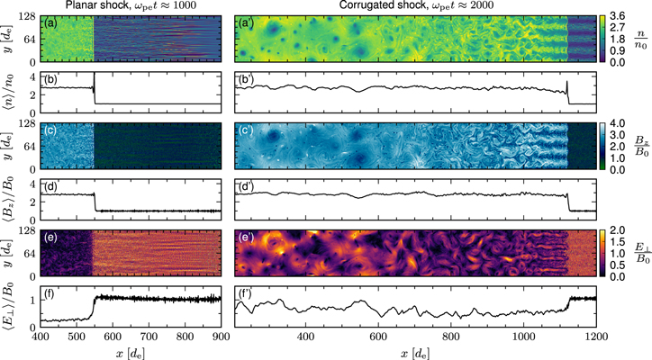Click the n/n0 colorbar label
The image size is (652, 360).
coord(640,40)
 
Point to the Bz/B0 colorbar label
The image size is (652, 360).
coord(640,146)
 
